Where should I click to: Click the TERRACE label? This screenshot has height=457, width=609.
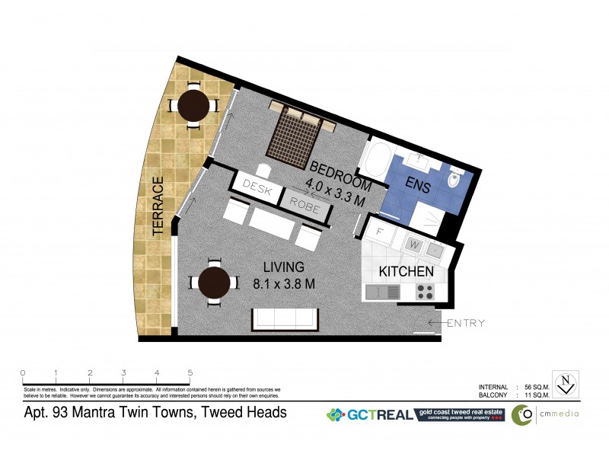(159, 208)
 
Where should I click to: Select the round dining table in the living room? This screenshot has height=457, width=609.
(213, 283)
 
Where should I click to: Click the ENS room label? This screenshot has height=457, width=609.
(418, 186)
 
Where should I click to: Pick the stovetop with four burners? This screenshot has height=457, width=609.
(424, 291)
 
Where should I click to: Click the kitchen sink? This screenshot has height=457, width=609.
(381, 292)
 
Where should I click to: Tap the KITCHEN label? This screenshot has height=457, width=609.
(407, 271)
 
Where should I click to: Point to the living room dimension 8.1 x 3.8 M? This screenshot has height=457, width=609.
(283, 284)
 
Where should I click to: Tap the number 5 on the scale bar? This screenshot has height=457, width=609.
(190, 373)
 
